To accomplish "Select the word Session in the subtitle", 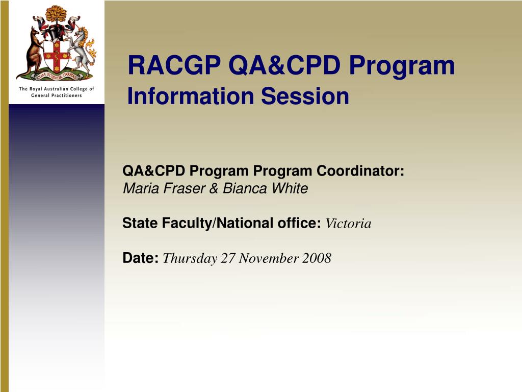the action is tap(305, 96).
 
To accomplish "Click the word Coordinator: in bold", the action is tap(360, 170).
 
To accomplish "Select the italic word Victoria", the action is tap(348, 224).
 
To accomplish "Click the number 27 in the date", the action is tap(228, 258).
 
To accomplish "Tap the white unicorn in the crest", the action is tap(82, 51).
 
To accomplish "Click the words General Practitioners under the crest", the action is tap(56, 95).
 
